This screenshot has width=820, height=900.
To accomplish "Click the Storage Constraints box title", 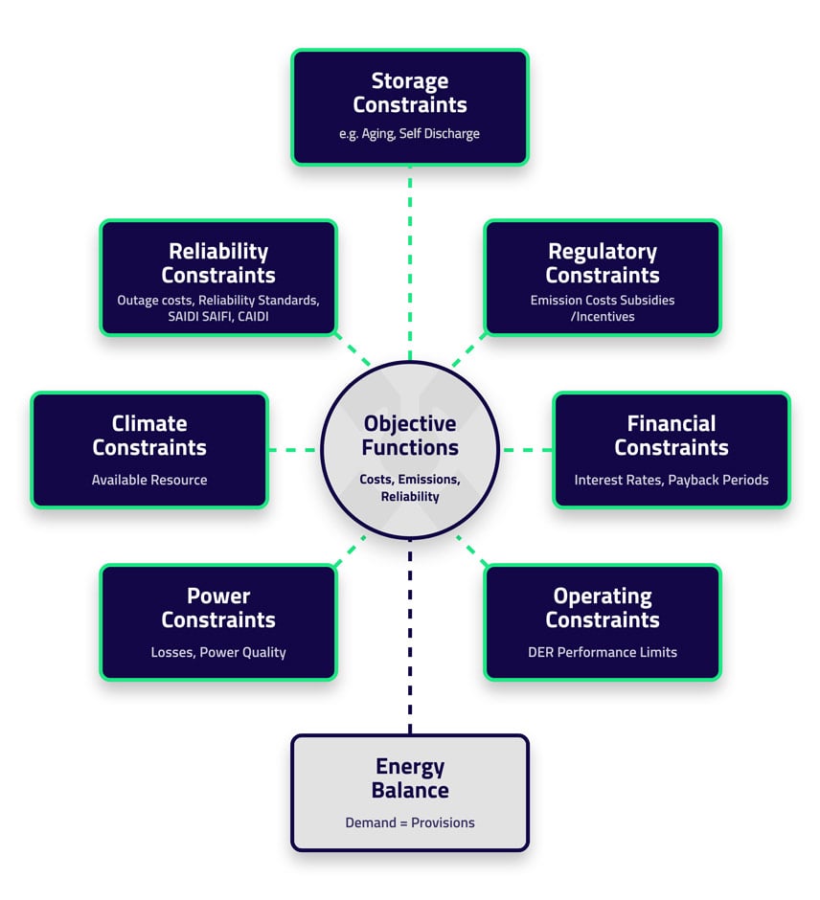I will pyautogui.click(x=409, y=93).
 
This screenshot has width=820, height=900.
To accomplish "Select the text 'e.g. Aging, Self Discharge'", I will pyautogui.click(x=409, y=134).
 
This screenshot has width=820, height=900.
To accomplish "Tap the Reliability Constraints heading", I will pyautogui.click(x=218, y=263).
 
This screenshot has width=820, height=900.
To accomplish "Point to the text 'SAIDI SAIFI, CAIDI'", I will pyautogui.click(x=218, y=316).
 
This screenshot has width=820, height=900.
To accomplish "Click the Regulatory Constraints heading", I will pyautogui.click(x=603, y=263).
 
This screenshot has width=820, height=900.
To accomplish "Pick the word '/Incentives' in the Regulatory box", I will pyautogui.click(x=603, y=316).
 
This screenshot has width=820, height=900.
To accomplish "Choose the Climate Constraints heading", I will pyautogui.click(x=149, y=436).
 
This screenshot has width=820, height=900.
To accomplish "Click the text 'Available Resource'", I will pyautogui.click(x=149, y=480).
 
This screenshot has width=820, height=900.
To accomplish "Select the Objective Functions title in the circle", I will pyautogui.click(x=410, y=436).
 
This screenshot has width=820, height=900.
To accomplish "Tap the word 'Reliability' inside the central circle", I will pyautogui.click(x=410, y=496).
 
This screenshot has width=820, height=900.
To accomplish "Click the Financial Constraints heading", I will pyautogui.click(x=672, y=436).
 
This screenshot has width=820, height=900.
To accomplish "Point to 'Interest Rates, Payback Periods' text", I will pyautogui.click(x=672, y=480).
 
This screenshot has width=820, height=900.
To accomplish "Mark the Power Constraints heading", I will pyautogui.click(x=218, y=608).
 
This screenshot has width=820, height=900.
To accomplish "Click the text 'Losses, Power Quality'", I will pyautogui.click(x=218, y=652).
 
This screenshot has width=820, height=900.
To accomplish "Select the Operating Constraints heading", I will pyautogui.click(x=603, y=608).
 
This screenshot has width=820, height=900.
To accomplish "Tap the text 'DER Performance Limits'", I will pyautogui.click(x=603, y=652).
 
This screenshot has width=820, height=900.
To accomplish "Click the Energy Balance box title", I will pyautogui.click(x=410, y=778).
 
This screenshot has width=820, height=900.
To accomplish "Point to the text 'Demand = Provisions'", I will pyautogui.click(x=410, y=822).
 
